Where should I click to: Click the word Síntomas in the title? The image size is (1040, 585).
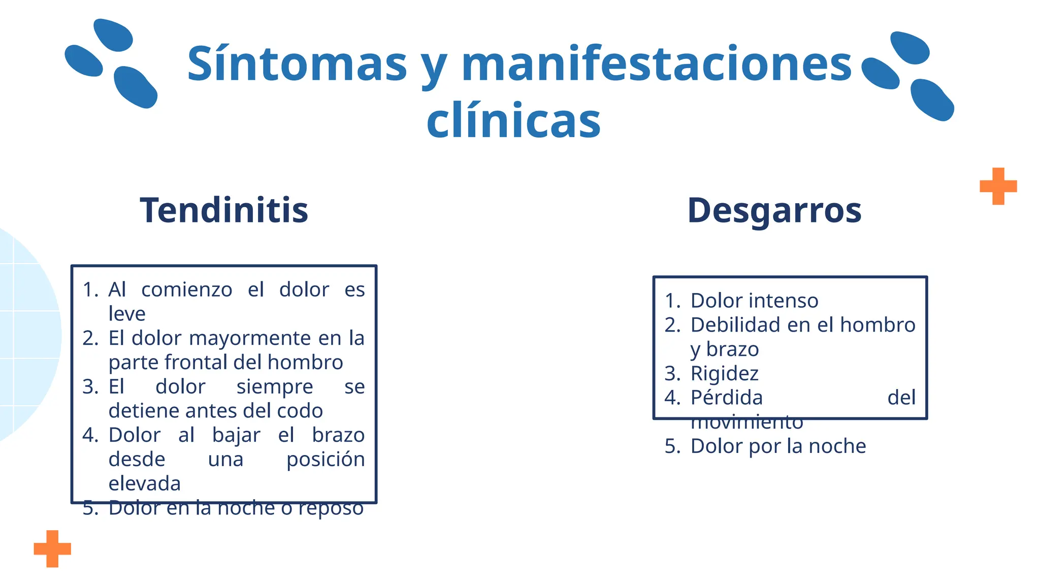point(297,64)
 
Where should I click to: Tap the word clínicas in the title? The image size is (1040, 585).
point(513,120)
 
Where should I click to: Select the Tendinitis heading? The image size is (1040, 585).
point(224,210)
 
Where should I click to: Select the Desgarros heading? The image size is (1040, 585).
point(774,210)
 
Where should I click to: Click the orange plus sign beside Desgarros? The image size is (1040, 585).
point(998,186)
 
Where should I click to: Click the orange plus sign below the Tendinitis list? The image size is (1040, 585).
point(52,548)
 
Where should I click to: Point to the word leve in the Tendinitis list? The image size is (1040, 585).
point(127,313)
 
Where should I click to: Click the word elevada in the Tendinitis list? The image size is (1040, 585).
point(145,483)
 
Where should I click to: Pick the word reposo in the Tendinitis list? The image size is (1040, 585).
point(331,508)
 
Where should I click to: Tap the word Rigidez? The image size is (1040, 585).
point(724,374)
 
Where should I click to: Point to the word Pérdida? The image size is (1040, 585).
point(726,398)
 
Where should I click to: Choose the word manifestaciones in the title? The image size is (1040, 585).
point(656,64)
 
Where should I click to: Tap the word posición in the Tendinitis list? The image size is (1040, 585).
point(326,459)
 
